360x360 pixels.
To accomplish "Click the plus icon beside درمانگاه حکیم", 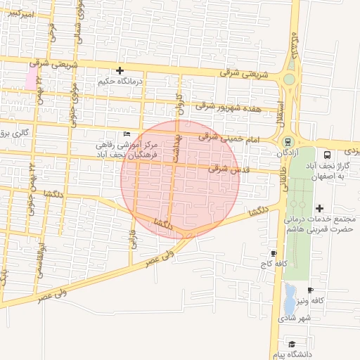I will [x=120, y=70].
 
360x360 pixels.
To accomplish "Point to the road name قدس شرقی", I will [x=225, y=169].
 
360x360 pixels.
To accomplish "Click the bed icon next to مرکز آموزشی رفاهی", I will [x=126, y=134].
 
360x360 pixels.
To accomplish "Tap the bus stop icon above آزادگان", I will [x=288, y=141].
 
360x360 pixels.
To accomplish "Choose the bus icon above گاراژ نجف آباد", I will [x=327, y=155].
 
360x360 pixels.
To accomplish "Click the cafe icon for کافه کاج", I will [x=274, y=253].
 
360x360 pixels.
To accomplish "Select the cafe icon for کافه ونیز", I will [x=310, y=290].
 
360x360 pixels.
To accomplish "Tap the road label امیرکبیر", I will [x=18, y=13].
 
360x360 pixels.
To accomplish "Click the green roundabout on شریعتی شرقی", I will [x=289, y=79].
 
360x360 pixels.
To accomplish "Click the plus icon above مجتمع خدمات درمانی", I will [x=320, y=208].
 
